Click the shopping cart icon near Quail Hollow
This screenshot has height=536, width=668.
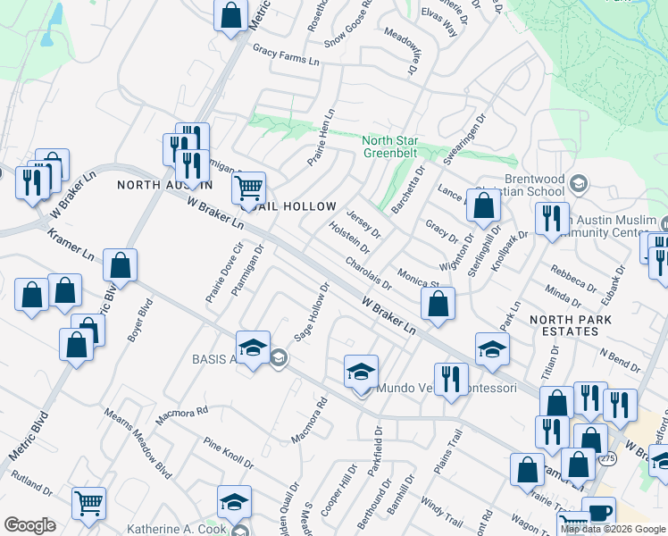pyautogui.click(x=248, y=188)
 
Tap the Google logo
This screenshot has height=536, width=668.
pyautogui.click(x=30, y=525)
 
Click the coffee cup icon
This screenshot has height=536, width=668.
pyautogui.click(x=598, y=514)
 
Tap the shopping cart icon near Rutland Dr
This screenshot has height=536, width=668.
pyautogui.click(x=88, y=504)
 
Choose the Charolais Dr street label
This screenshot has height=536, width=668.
pyautogui.click(x=369, y=274)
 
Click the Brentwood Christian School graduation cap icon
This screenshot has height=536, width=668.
pyautogui.click(x=577, y=183)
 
